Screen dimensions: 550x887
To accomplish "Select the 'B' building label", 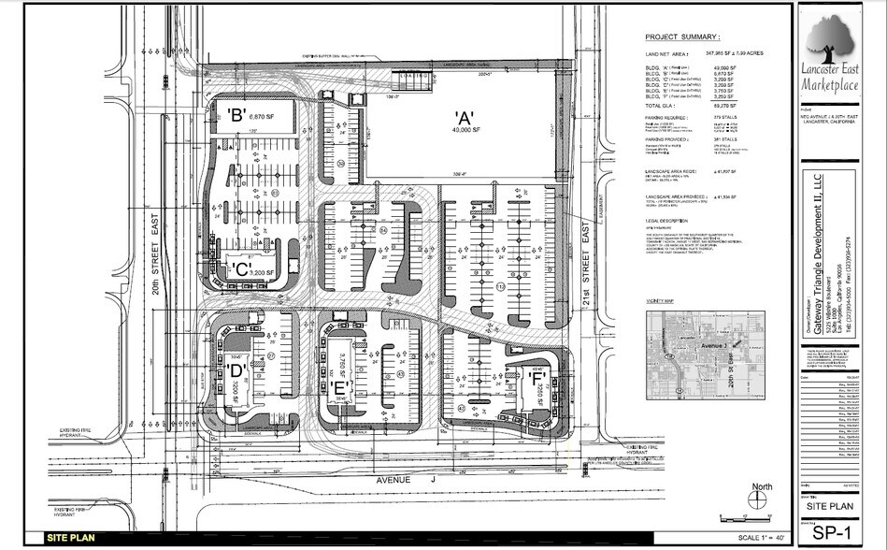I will [236, 115].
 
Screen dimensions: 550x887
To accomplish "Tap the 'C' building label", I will [240, 270].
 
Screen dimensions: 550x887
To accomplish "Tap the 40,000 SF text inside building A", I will [463, 131].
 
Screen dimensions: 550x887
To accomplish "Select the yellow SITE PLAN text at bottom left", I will [73, 538].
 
